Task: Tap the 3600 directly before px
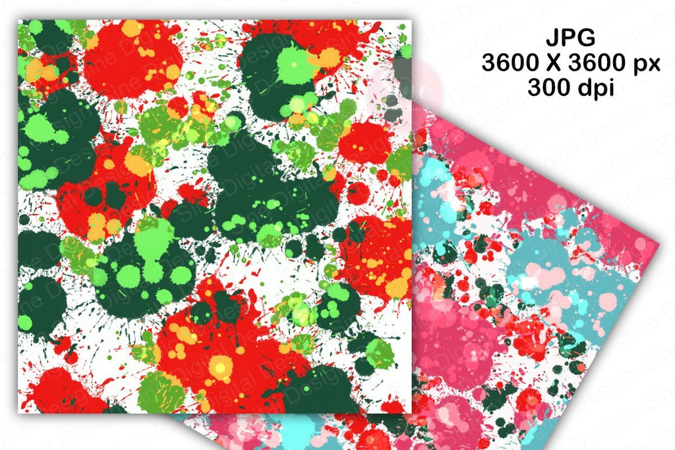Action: [602, 63]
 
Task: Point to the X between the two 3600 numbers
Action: [556, 63]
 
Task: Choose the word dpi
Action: [595, 89]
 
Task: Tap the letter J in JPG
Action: [555, 38]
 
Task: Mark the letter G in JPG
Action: [585, 38]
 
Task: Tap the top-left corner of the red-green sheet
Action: [19, 20]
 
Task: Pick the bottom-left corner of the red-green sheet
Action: [19, 413]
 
